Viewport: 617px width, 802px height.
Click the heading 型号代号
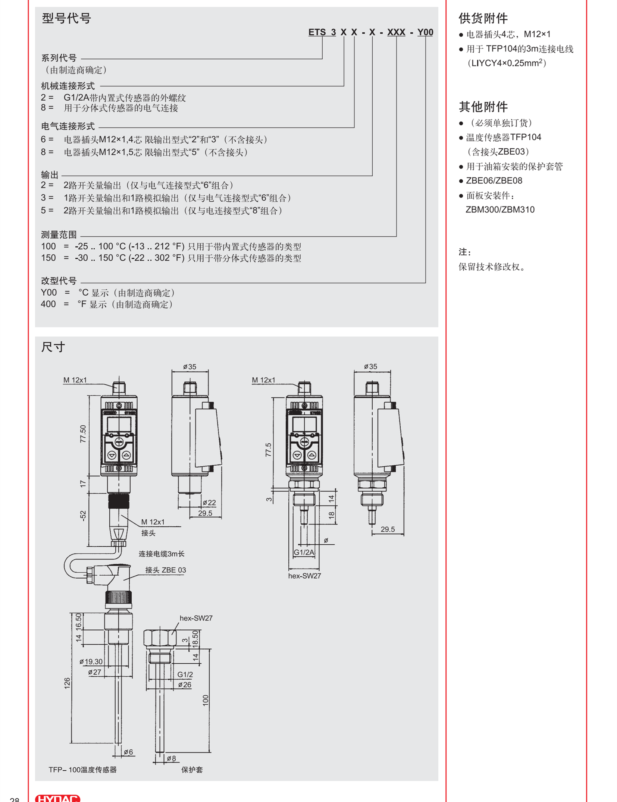66,18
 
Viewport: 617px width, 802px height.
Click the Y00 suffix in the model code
425,32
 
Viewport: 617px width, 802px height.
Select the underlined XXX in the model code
396,32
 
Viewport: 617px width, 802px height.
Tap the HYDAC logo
57,798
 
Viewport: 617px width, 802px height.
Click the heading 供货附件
483,18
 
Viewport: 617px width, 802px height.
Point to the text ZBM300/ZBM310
499,210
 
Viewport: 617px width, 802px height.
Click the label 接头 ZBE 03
165,570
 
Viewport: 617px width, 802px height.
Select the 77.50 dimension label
83,434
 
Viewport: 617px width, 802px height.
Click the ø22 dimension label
209,503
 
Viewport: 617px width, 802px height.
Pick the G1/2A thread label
304,552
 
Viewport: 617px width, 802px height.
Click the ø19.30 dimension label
91,661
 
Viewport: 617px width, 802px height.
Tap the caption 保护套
192,770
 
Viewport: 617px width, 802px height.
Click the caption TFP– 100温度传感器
82,770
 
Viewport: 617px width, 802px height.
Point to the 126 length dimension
67,683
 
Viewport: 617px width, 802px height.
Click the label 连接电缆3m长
161,554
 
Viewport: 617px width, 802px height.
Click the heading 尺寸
53,347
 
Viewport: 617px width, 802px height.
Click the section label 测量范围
59,235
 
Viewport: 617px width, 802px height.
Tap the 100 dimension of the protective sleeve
206,700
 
